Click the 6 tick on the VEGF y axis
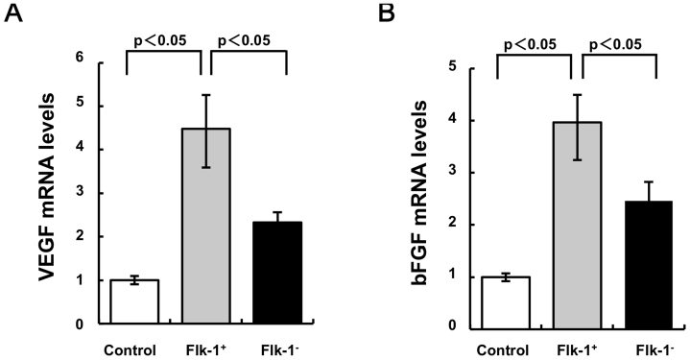tap(91, 60)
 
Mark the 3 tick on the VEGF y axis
tap(91, 192)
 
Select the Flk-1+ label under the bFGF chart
tap(573, 349)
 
